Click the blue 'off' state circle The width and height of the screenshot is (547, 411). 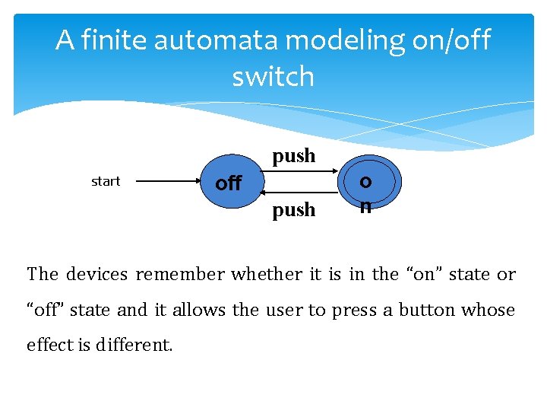(228, 183)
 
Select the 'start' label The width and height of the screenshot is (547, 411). (106, 181)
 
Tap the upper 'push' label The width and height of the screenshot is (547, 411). (294, 156)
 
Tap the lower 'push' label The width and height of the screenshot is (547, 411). (294, 209)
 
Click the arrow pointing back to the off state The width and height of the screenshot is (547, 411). (292, 194)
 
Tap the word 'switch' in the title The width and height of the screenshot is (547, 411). (273, 76)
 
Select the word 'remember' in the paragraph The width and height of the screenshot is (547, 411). (180, 274)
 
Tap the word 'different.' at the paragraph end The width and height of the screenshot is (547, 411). (134, 345)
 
